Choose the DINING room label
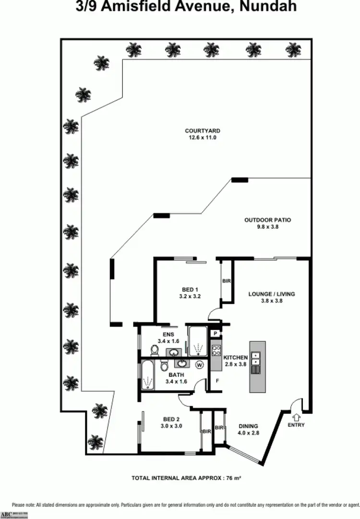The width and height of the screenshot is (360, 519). coord(248,426)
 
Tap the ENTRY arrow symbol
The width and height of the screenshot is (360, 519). coord(296,417)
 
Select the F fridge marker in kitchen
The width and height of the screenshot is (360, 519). coord(217,380)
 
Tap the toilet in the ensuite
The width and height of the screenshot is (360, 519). coord(154,351)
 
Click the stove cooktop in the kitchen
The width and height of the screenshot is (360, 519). coord(216,350)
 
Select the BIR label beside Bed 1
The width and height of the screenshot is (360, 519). coord(225,281)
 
